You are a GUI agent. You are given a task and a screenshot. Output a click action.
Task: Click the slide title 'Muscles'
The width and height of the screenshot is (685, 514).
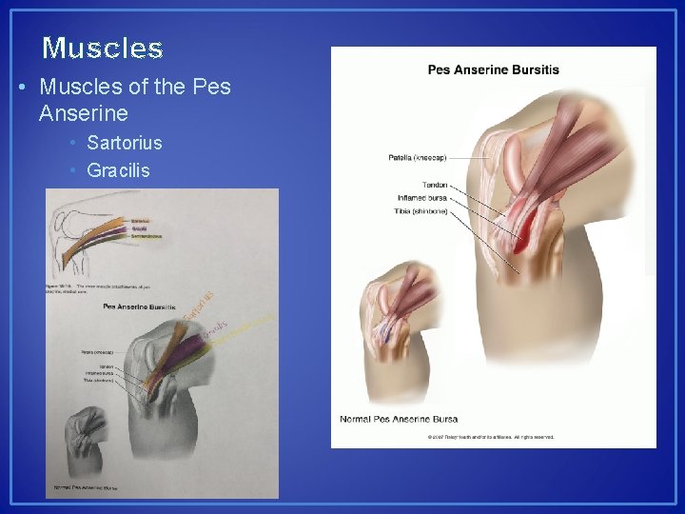(x=103, y=48)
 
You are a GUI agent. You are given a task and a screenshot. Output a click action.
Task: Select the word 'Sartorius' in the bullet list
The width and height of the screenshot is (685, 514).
(x=124, y=143)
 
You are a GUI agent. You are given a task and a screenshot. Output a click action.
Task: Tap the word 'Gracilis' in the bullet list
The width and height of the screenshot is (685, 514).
(x=118, y=170)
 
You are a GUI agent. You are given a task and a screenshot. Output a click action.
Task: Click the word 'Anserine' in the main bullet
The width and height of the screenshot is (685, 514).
(x=84, y=114)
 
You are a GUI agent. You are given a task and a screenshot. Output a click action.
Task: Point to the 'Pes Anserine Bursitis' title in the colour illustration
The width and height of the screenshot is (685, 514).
(x=493, y=69)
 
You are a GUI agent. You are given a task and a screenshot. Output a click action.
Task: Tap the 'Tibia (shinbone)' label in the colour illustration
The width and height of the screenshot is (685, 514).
(x=420, y=210)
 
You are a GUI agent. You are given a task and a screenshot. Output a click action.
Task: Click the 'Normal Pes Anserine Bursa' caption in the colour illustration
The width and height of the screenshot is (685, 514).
(x=399, y=419)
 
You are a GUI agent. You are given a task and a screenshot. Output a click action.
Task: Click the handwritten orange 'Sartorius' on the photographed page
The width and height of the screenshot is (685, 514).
(x=199, y=306)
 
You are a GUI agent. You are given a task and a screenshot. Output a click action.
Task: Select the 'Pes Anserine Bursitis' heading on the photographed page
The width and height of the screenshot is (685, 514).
(x=138, y=306)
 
